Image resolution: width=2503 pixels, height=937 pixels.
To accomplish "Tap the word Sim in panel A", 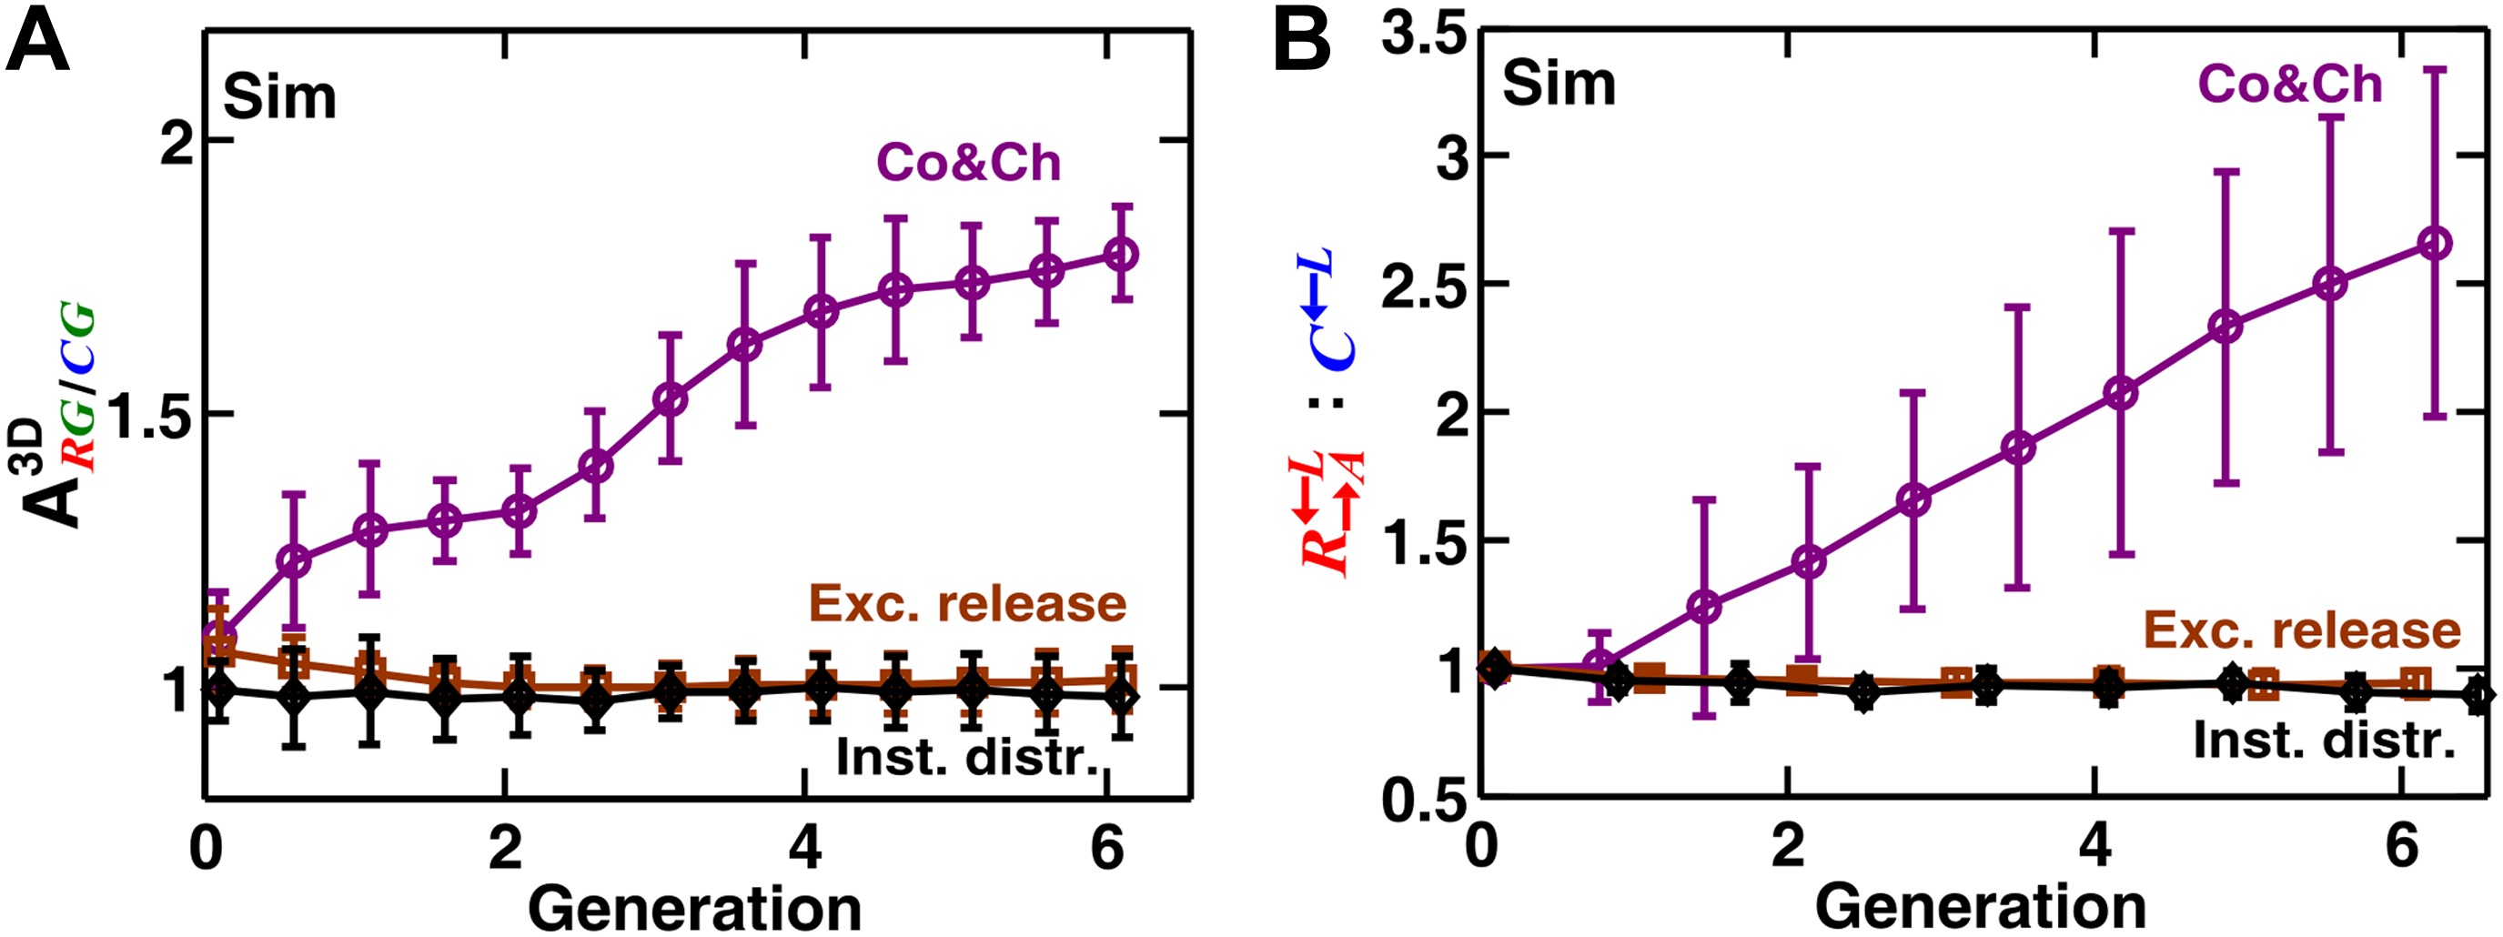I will click(280, 97).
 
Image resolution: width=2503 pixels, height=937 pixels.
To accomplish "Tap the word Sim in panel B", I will click(1559, 84).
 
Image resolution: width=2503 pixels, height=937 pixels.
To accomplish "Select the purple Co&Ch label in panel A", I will click(968, 162).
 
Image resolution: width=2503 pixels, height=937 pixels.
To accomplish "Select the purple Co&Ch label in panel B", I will click(2289, 85).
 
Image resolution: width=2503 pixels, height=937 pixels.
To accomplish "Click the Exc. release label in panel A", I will click(967, 605).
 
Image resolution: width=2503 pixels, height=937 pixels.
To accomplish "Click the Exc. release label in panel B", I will click(2302, 630).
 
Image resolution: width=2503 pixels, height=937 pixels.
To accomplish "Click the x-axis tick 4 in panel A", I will click(804, 848).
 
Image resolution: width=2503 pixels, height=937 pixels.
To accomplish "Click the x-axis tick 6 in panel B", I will click(2402, 848).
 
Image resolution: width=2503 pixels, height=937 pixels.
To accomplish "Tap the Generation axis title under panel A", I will click(695, 910).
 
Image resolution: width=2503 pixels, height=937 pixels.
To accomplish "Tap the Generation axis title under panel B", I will click(1980, 910).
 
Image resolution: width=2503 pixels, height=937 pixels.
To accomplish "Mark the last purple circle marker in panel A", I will click(1121, 255).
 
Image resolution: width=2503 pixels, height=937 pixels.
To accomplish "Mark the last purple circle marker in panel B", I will click(2433, 243).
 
